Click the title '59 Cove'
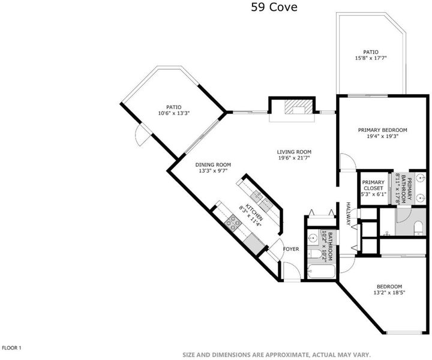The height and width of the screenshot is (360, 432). coord(274,7)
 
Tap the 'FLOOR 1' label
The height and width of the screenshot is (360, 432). coord(11,348)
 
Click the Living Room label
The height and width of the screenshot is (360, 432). coord(294,152)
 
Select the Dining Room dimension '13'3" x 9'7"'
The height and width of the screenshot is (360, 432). coord(213,171)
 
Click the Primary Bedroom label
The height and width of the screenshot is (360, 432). coord(382,130)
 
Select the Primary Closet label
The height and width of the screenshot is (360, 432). coord(373,185)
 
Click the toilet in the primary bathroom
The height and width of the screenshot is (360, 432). coord(418,227)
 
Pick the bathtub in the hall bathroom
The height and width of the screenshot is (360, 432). coord(321,271)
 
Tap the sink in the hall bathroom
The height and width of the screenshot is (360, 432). coord(313,238)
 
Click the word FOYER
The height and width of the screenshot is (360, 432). coord(291,249)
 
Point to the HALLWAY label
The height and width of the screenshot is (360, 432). coord(349,214)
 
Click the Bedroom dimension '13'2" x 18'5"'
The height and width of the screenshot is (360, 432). coord(389,293)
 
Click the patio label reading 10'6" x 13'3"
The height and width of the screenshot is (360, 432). coord(174,113)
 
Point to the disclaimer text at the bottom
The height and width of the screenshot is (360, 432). coord(277,355)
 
